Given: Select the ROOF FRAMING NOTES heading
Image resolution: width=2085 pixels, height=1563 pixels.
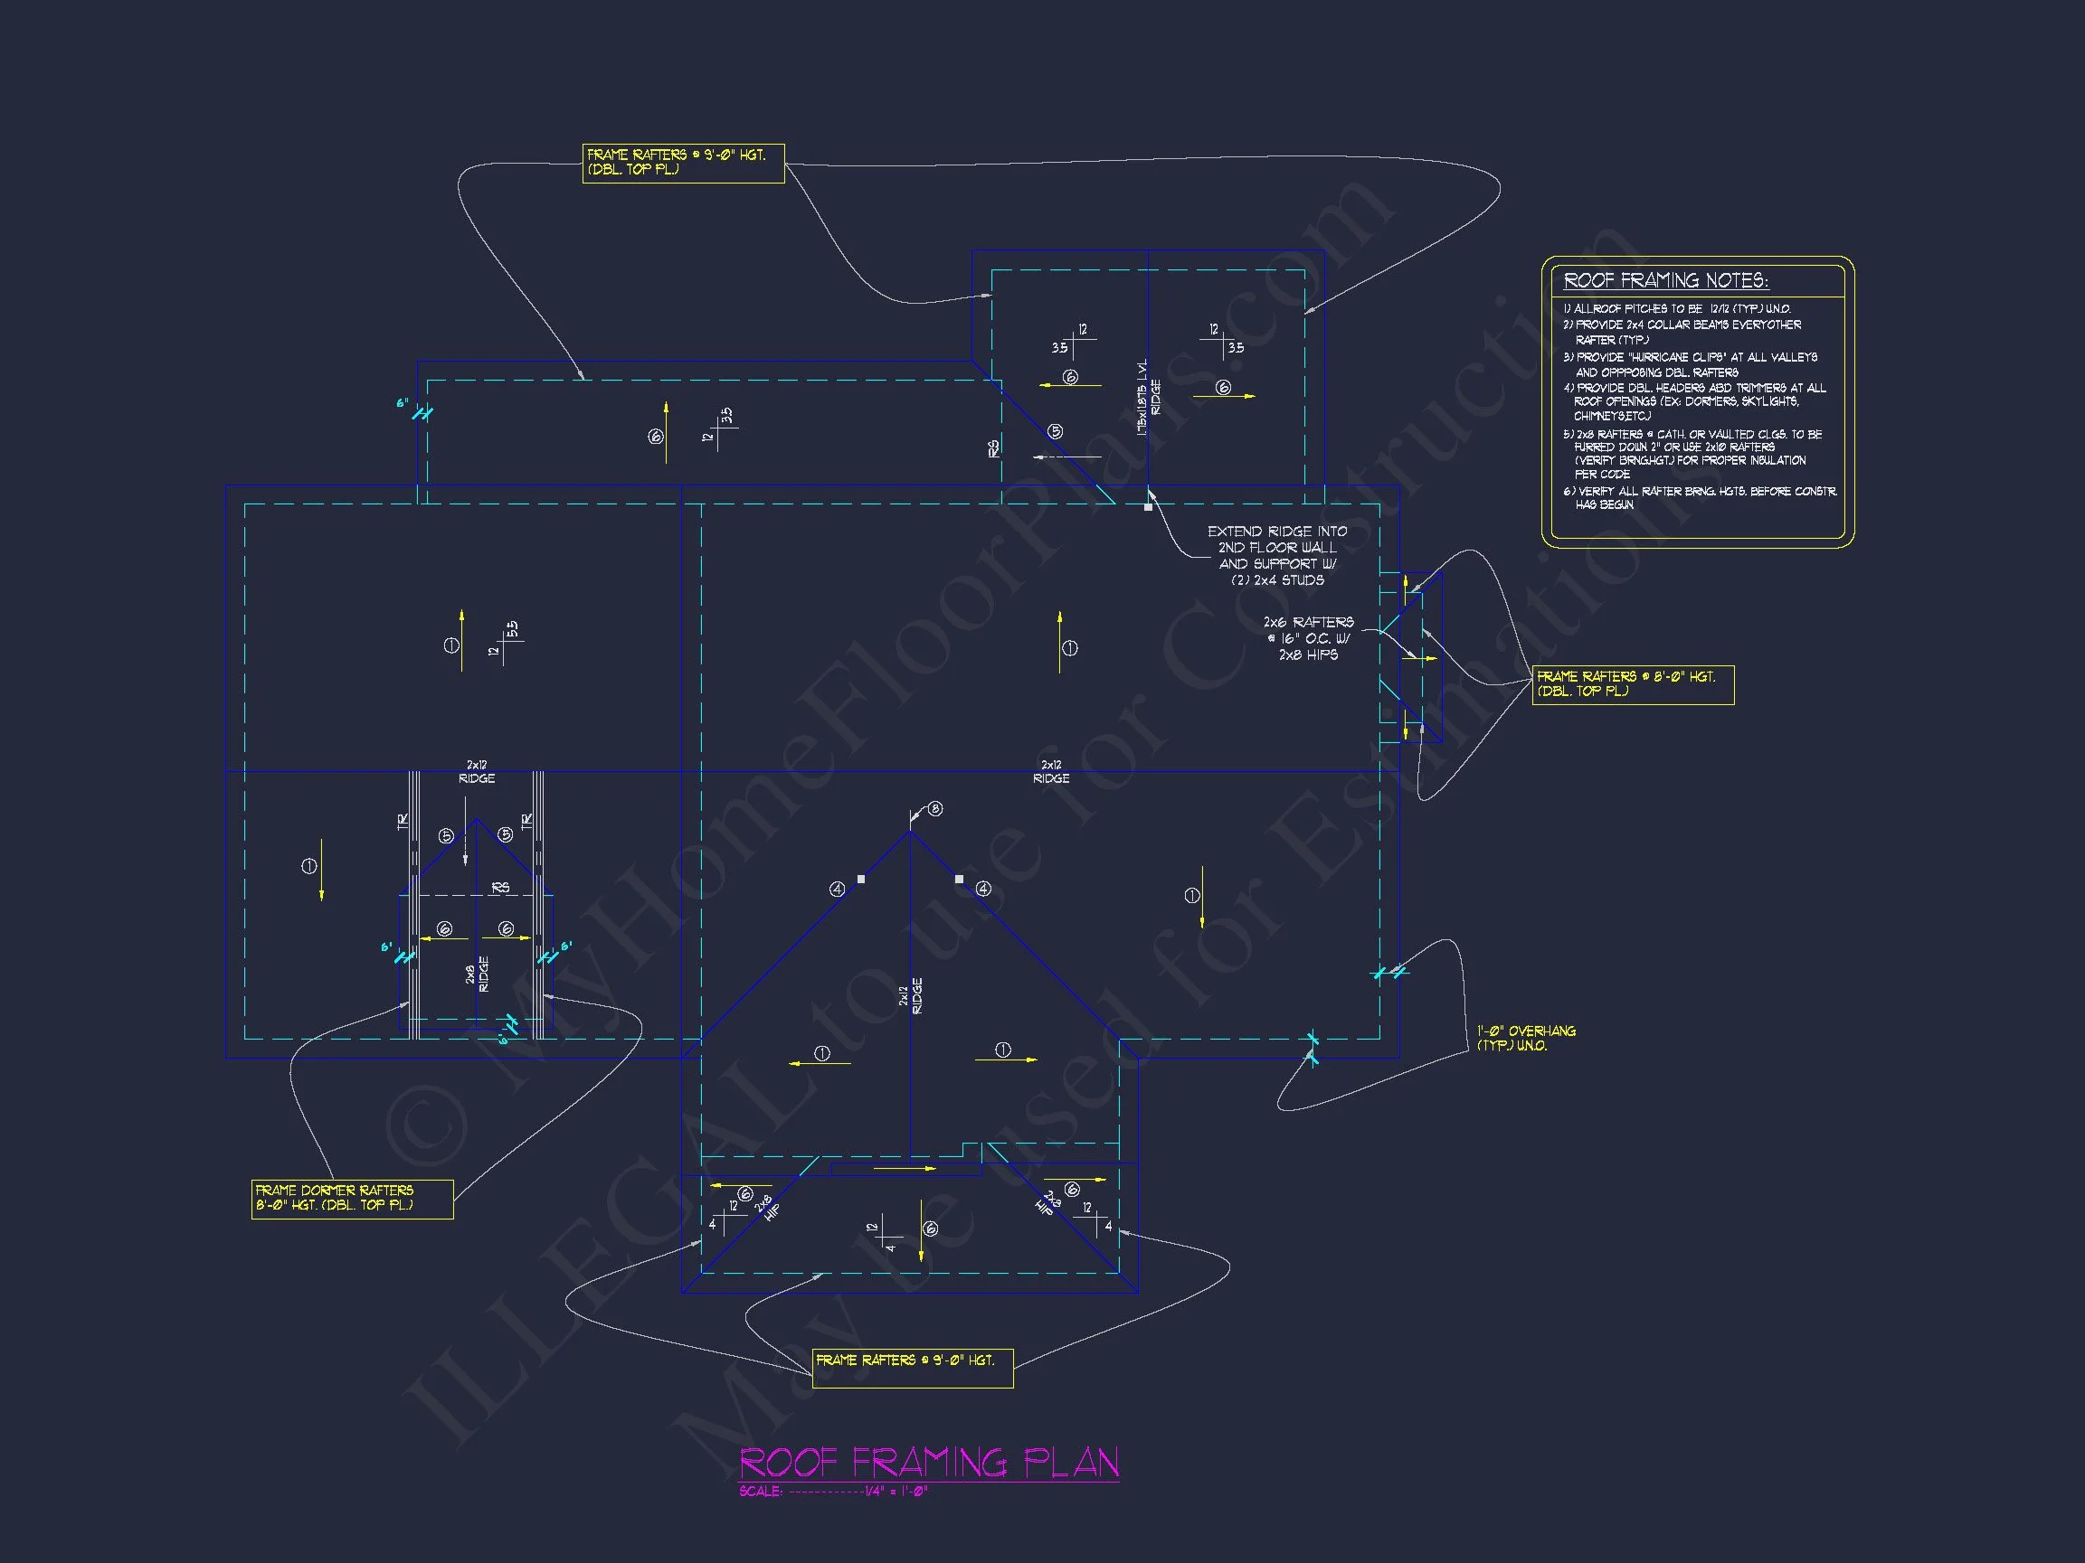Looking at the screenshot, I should click(1665, 281).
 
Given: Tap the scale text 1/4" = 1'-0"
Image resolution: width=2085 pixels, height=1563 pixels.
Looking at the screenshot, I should click(896, 1492).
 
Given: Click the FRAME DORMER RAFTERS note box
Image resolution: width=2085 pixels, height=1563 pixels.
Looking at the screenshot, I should click(352, 1199).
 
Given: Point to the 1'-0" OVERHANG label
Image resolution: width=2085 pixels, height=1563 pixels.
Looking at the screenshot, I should click(1526, 1038).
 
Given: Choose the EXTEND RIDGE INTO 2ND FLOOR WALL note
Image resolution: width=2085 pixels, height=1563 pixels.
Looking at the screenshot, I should click(1277, 556).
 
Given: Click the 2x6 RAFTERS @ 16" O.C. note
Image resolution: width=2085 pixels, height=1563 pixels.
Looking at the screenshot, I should click(1308, 639).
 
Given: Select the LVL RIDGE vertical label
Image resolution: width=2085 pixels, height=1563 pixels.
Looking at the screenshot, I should click(1149, 397).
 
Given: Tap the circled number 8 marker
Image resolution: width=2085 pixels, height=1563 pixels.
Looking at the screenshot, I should click(935, 808).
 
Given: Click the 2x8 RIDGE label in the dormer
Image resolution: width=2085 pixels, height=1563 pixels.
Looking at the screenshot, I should click(477, 975).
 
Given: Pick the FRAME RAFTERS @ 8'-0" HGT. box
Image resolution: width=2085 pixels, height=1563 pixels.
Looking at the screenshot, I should click(1633, 684).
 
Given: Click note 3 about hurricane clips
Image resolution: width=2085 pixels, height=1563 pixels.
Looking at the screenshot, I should click(1690, 364).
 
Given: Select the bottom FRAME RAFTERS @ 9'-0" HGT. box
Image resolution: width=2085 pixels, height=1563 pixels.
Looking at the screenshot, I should click(913, 1368).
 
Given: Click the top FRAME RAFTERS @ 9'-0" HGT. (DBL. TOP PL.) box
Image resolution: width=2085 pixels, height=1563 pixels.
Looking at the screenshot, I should click(682, 162).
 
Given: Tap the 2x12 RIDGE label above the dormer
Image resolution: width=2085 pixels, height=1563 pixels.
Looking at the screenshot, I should click(477, 772).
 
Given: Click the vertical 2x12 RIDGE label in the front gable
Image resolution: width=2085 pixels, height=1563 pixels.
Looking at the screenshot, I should click(911, 996).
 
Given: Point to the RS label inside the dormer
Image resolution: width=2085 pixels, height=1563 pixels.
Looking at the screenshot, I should click(500, 888).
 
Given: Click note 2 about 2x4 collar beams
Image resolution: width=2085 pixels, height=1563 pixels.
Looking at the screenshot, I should click(1682, 332).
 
